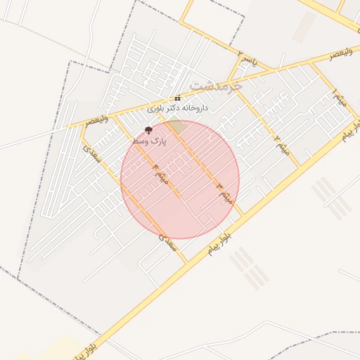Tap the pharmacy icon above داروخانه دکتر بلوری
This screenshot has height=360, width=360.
(177, 98)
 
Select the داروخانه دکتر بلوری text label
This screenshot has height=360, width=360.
(178, 108)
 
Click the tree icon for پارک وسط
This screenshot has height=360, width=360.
(148, 130)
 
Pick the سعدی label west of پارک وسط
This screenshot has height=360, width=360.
(94, 155)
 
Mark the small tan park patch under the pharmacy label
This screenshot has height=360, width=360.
(177, 127)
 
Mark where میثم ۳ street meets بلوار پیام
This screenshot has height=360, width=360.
(243, 214)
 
